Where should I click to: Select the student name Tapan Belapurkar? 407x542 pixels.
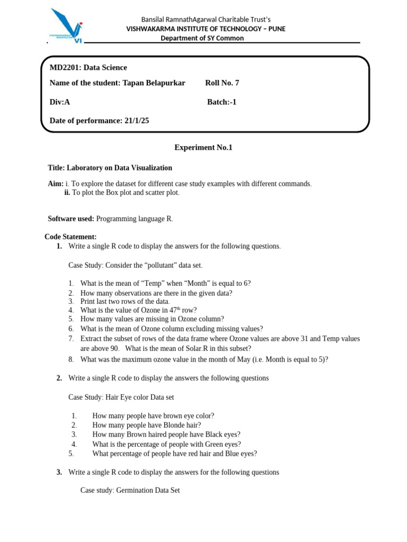(154, 83)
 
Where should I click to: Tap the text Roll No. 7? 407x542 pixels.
(222, 83)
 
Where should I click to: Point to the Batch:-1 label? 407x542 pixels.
(222, 102)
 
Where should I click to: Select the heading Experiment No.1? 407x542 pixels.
(203, 148)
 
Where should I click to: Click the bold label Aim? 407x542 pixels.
(56, 184)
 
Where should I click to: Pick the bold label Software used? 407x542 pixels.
(71, 219)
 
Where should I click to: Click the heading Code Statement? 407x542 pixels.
(70, 237)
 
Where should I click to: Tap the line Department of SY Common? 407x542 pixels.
(202, 38)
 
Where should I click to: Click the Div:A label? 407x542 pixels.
(60, 102)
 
